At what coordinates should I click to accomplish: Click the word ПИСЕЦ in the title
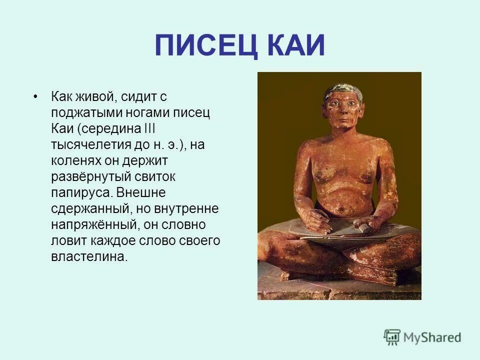coord(206,45)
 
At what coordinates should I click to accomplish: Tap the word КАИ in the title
coord(296,45)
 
